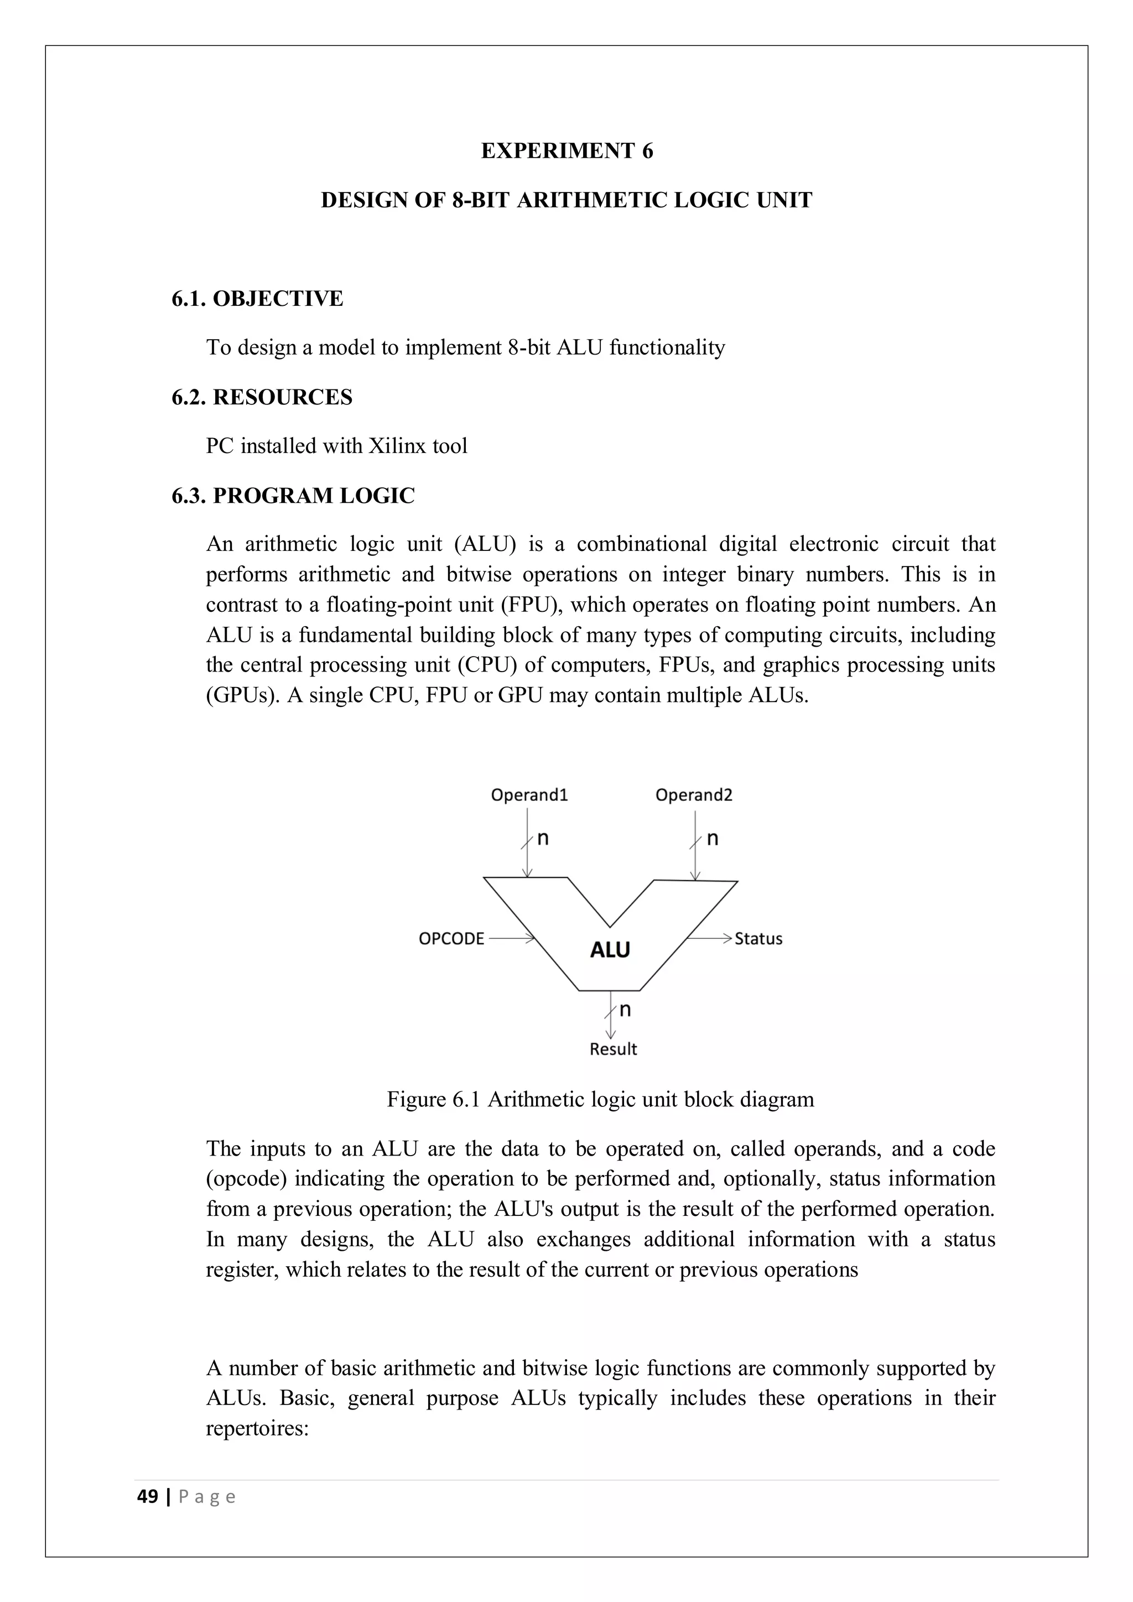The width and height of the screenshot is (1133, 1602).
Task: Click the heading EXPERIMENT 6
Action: [x=566, y=150]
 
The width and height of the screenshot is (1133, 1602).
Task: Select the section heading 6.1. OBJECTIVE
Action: [x=257, y=299]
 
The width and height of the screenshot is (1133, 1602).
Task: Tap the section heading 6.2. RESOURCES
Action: [x=262, y=397]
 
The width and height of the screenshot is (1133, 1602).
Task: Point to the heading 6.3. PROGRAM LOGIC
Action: [x=293, y=496]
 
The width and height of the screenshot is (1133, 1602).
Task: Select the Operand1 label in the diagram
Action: [x=529, y=795]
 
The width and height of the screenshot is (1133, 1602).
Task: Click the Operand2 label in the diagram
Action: [x=694, y=795]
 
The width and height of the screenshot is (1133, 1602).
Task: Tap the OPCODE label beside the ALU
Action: [x=451, y=938]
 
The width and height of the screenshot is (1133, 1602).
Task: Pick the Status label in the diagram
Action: [x=758, y=938]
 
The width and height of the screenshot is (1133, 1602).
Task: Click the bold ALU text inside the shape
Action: [x=610, y=950]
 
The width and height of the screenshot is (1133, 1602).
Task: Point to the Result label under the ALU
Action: [x=613, y=1049]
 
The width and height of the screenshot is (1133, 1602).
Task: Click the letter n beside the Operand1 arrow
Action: [x=543, y=839]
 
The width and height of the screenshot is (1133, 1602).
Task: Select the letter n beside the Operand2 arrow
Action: [x=713, y=839]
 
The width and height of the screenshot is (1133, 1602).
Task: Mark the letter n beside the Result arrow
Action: [x=625, y=1010]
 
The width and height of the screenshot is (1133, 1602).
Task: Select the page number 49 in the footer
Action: [x=147, y=1497]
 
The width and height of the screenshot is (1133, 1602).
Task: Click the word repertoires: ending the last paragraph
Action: [x=257, y=1428]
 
